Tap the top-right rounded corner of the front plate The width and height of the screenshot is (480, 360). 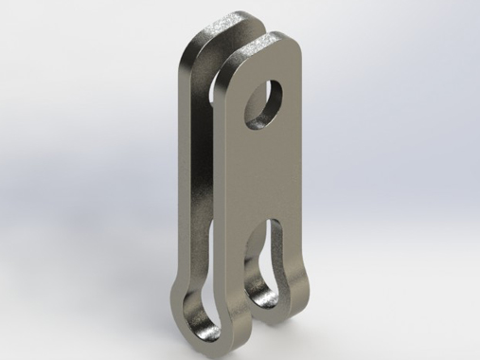pos(296,50)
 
